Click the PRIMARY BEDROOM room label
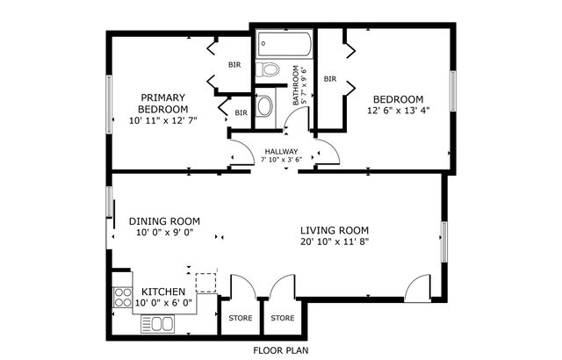point(162,103)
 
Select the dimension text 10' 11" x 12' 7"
point(162,119)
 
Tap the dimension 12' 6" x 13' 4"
point(398,111)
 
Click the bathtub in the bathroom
point(284,43)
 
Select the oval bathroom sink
point(265,107)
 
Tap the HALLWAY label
point(281,151)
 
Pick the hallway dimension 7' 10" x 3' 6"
point(283,160)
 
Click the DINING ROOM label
point(164,221)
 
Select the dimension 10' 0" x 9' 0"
point(164,234)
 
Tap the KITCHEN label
point(163,292)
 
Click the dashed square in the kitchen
point(205,283)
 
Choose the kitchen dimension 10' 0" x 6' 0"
point(163,304)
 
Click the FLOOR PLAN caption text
point(281,349)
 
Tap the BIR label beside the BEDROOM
point(330,79)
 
